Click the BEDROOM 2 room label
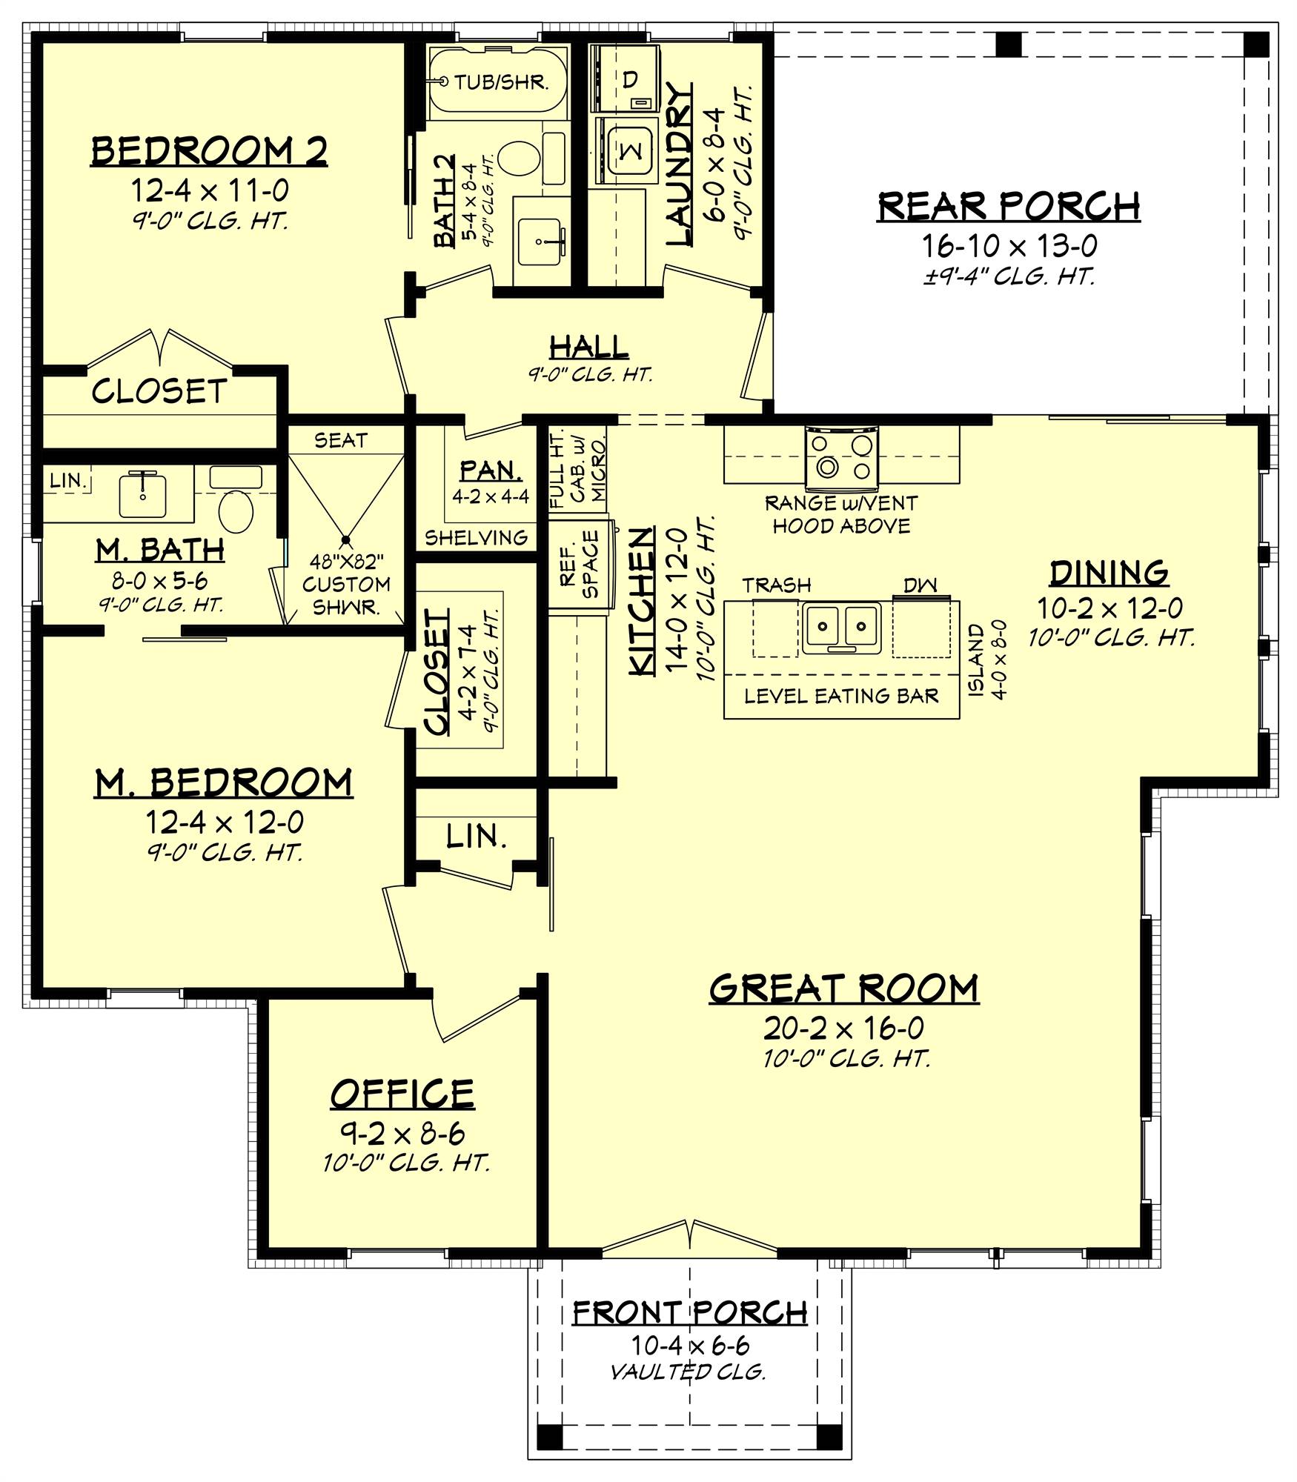pos(209,151)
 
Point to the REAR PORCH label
pos(1008,207)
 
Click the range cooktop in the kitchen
pos(842,457)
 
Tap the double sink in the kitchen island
pos(842,626)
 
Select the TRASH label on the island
pos(777,585)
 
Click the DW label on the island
pos(920,585)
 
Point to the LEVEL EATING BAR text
pos(841,696)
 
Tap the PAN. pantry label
pos(490,470)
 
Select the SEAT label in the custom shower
pos(340,440)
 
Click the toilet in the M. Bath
pos(236,511)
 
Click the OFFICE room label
pos(402,1094)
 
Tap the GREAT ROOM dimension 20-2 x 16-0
pos(843,1028)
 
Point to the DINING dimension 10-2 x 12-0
pos(1109,608)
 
